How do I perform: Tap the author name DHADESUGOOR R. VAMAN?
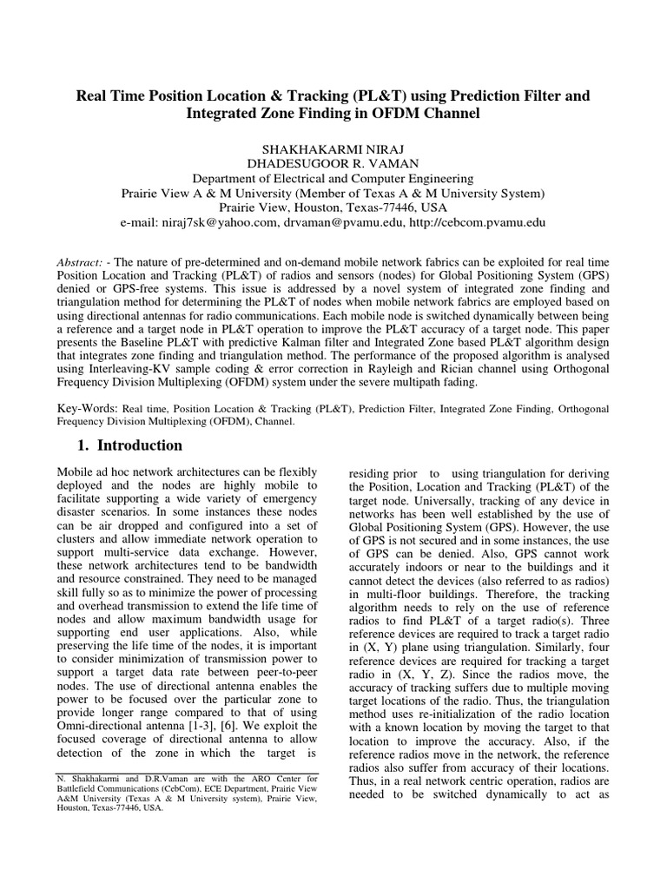pos(333,162)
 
